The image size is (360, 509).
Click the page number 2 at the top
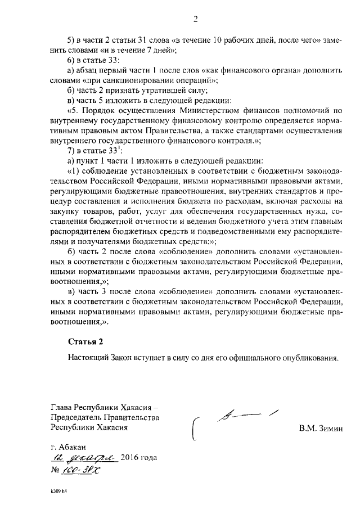[196, 19]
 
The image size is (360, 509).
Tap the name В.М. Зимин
[321, 429]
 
